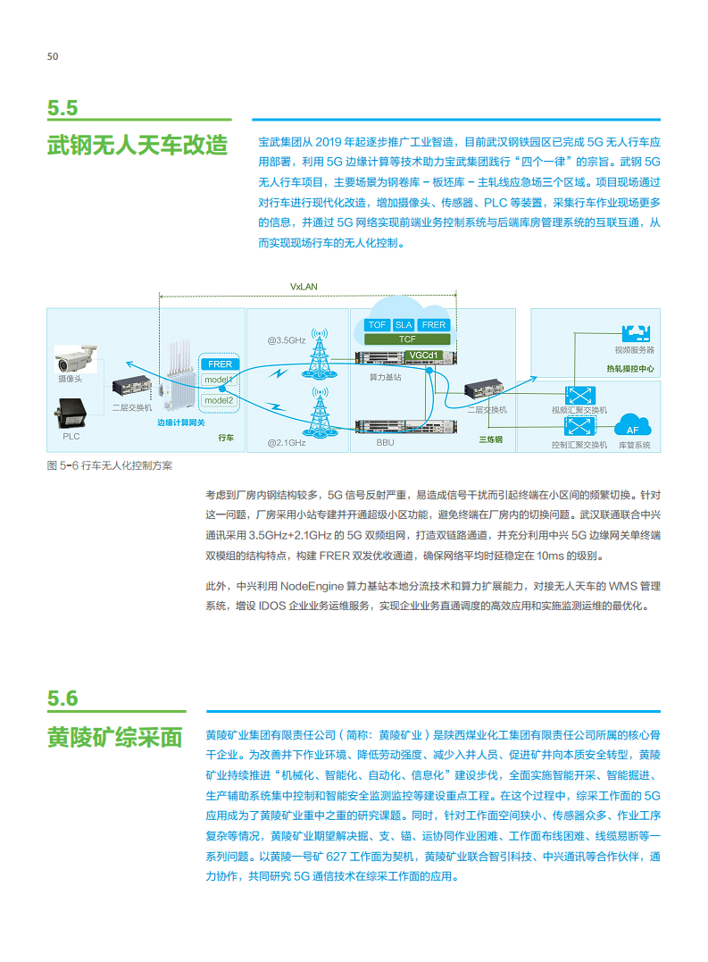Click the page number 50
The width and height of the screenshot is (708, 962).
53,56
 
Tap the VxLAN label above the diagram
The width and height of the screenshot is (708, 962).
304,287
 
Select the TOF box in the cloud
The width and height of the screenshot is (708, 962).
377,325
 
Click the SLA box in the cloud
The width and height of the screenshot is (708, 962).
404,325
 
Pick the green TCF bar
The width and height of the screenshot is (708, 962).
405,339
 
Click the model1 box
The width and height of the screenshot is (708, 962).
218,381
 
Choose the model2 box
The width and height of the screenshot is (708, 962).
218,400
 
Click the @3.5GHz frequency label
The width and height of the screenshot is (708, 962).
286,340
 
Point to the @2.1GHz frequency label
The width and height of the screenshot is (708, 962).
286,442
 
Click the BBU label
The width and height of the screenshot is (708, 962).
385,442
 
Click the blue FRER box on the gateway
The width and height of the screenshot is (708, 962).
219,364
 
